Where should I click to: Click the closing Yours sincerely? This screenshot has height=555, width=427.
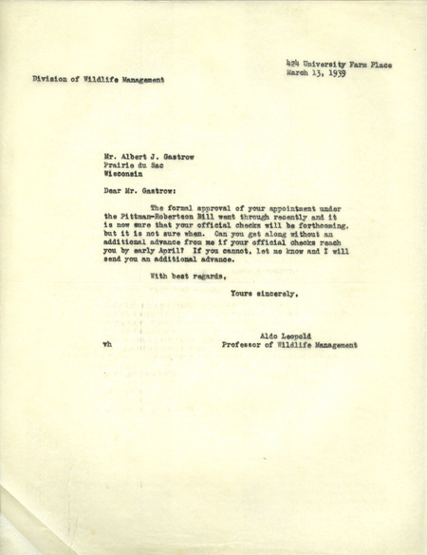265,294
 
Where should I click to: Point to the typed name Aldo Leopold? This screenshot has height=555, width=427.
283,336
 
